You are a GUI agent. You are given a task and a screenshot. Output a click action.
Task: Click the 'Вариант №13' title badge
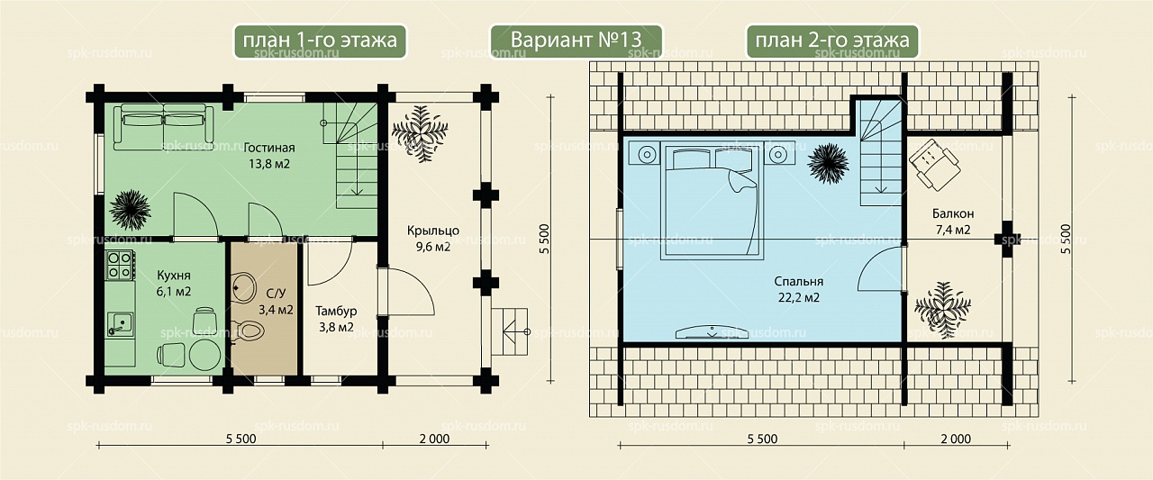tap(576, 41)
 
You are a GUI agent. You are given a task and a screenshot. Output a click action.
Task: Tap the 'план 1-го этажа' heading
tap(320, 41)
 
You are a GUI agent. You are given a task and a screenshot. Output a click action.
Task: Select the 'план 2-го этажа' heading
tap(832, 41)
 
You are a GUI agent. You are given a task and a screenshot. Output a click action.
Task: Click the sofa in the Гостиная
tap(164, 127)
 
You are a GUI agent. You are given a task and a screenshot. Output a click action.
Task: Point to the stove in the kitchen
tap(120, 265)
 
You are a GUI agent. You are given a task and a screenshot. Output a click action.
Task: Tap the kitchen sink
tap(119, 324)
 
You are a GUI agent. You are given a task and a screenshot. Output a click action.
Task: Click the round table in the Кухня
tap(204, 354)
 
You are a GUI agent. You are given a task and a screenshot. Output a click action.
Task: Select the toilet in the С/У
tap(248, 330)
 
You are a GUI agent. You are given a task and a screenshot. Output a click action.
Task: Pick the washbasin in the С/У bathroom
tap(243, 287)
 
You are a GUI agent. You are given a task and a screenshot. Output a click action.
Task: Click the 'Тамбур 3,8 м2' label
tap(336, 319)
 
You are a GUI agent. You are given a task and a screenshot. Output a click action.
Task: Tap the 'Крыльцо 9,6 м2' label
tap(433, 239)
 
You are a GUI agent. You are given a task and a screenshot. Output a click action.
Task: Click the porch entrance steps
tap(510, 331)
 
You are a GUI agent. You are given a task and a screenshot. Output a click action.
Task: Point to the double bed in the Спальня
tap(713, 202)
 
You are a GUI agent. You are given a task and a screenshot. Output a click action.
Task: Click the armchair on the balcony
tap(934, 164)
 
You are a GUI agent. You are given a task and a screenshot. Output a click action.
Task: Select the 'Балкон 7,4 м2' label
tap(953, 222)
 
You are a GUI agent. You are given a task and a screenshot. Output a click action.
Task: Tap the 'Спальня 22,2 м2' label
tap(798, 289)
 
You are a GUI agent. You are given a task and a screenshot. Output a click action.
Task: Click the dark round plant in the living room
tap(130, 210)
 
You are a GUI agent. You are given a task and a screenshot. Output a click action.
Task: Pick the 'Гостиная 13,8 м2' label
tap(269, 156)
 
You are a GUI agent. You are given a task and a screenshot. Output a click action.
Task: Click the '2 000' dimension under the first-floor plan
tap(434, 439)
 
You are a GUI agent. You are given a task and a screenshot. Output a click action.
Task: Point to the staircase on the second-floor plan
tap(881, 153)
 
